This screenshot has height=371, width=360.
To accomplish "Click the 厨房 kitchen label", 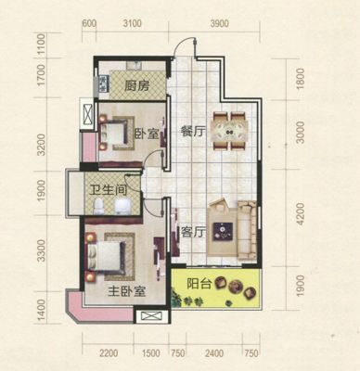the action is click(136, 86).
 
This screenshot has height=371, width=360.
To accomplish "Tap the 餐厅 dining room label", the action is click(192, 133).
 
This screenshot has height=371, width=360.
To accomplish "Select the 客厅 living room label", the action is click(193, 232).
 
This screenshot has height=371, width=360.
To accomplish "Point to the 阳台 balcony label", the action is click(199, 284).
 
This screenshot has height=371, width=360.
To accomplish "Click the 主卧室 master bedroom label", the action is click(127, 291).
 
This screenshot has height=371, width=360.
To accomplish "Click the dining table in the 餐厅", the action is click(229, 131).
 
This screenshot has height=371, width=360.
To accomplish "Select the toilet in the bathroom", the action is click(98, 206).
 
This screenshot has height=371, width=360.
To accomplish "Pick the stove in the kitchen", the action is click(103, 84).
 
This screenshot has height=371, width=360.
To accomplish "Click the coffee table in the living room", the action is click(223, 231).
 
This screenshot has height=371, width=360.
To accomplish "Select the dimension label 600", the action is click(89, 23).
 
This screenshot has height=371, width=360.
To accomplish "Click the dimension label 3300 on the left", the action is click(41, 250).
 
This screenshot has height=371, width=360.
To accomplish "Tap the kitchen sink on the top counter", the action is click(134, 65).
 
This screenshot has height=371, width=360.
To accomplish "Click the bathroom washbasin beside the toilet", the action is click(123, 206).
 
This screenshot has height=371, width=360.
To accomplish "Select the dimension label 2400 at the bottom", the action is click(214, 353).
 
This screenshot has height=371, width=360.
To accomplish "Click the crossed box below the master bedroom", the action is click(151, 316).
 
